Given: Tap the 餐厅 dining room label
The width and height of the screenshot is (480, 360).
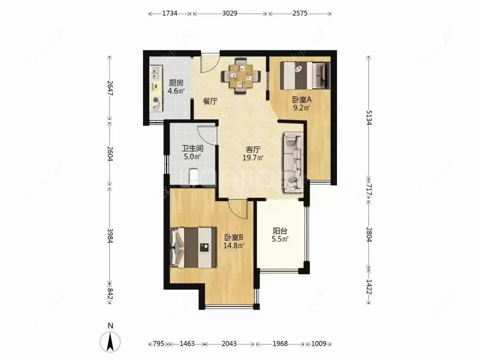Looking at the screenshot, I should [x=210, y=101].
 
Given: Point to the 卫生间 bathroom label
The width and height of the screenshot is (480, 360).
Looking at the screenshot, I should [x=192, y=149].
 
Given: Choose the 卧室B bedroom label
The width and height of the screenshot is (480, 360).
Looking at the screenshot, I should [x=234, y=237].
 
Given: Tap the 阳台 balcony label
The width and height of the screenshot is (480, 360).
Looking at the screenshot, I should [x=280, y=231].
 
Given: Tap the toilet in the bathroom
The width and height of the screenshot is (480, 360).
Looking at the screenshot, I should [x=194, y=177].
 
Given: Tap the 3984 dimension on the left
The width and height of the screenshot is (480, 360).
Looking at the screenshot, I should [x=110, y=234].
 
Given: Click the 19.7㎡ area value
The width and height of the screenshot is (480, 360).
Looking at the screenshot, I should [x=254, y=157].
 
